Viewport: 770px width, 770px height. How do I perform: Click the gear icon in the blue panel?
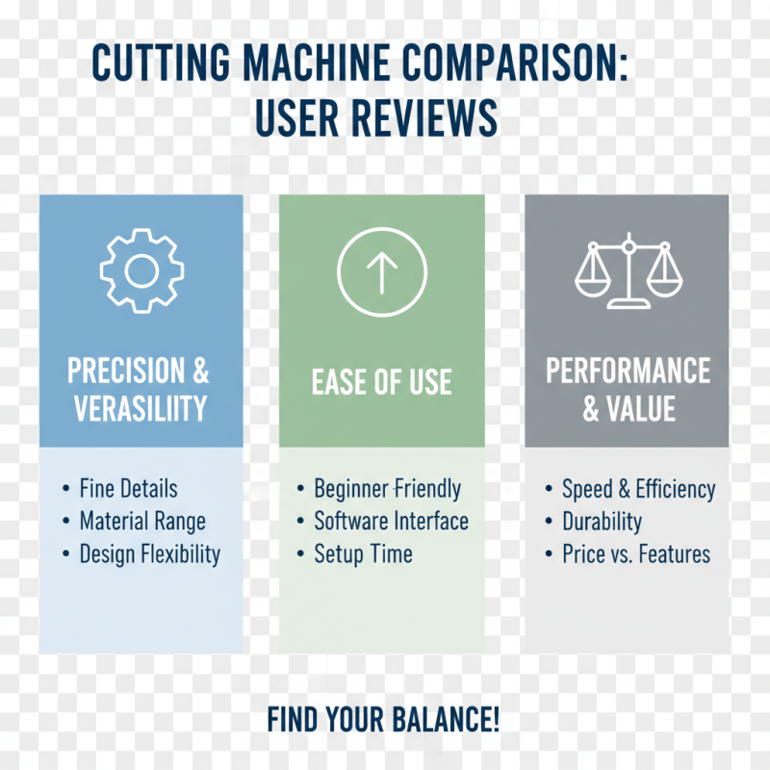pos(141,270)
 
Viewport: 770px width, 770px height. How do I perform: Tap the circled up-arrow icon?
pos(382,272)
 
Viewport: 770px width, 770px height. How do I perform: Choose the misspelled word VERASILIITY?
pos(141,408)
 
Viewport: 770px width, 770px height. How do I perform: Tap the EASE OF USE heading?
pos(382,382)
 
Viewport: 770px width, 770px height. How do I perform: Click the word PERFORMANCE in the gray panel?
pos(628,371)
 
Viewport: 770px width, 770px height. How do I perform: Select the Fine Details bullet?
pos(128,489)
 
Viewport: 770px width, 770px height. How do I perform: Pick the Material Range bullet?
pos(142,522)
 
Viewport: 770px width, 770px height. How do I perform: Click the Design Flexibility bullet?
pos(149,554)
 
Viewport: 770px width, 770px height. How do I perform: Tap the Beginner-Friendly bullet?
pos(387,489)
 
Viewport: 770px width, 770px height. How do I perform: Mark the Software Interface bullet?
pos(391,522)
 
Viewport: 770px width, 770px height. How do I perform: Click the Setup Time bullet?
pos(363,554)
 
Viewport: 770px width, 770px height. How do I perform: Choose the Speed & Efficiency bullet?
pos(638,489)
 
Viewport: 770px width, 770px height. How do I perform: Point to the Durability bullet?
pos(602,522)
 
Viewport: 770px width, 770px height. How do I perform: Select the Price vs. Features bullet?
pos(635,554)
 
